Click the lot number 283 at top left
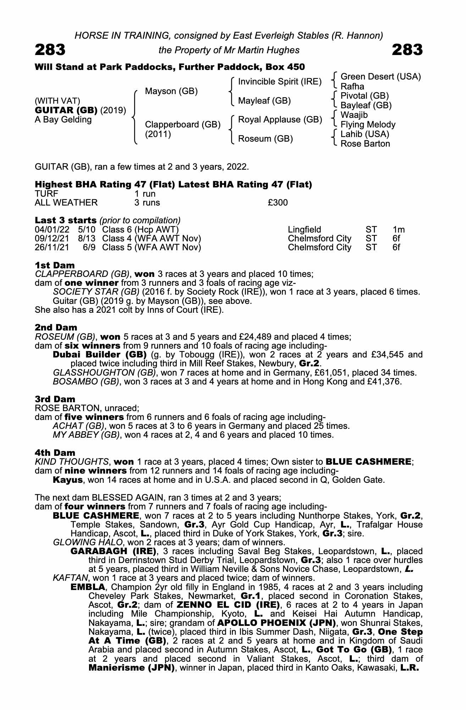point(50,50)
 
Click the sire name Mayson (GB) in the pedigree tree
point(171,91)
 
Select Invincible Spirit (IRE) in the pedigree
point(280,82)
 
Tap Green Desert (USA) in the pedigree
point(381,77)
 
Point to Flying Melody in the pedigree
point(368,125)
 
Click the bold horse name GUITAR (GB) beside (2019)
point(66,110)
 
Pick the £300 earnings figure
point(278,203)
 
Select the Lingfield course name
point(304,229)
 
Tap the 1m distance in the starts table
point(399,229)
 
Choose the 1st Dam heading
point(55,265)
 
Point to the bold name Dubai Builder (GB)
point(100,355)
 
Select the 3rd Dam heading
point(55,399)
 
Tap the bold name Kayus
point(68,480)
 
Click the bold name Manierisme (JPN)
point(132,668)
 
